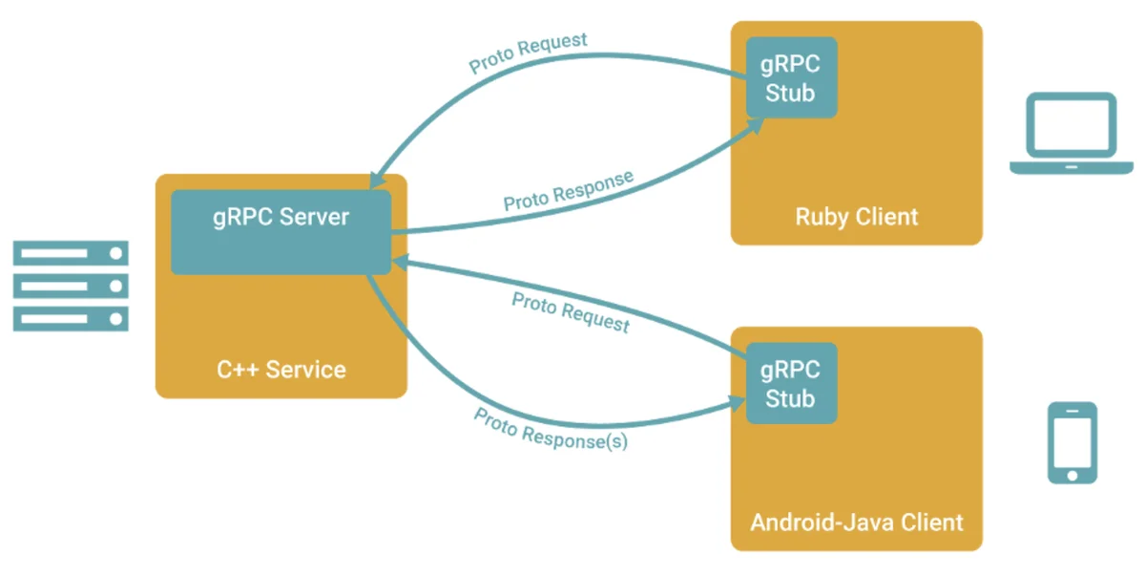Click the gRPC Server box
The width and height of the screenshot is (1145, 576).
point(281,232)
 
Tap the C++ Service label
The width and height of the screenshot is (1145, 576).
point(281,370)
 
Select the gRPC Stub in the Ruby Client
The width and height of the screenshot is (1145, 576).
point(791,77)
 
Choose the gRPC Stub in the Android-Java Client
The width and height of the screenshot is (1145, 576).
point(791,383)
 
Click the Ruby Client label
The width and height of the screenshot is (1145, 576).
point(857,217)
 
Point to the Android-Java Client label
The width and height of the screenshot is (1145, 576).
point(857,523)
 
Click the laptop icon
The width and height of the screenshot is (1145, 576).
point(1072,133)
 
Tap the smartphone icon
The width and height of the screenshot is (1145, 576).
point(1072,442)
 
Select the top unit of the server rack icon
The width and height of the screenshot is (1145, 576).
point(71,253)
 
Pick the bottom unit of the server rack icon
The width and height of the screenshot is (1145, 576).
point(71,319)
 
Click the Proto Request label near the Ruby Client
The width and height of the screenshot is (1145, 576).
point(528,53)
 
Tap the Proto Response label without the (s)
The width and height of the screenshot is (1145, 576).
point(569,190)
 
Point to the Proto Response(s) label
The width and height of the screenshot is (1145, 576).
point(550,430)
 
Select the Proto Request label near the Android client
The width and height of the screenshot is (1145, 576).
point(571,312)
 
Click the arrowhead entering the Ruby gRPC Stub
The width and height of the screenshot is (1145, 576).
point(755,126)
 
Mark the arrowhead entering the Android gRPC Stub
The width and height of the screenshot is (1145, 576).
point(736,404)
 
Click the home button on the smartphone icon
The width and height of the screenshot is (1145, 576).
point(1072,476)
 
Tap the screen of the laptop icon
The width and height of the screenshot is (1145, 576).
point(1072,124)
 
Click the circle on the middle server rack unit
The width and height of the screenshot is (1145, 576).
point(116,286)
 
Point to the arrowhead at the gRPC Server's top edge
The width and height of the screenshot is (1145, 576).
point(377,181)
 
